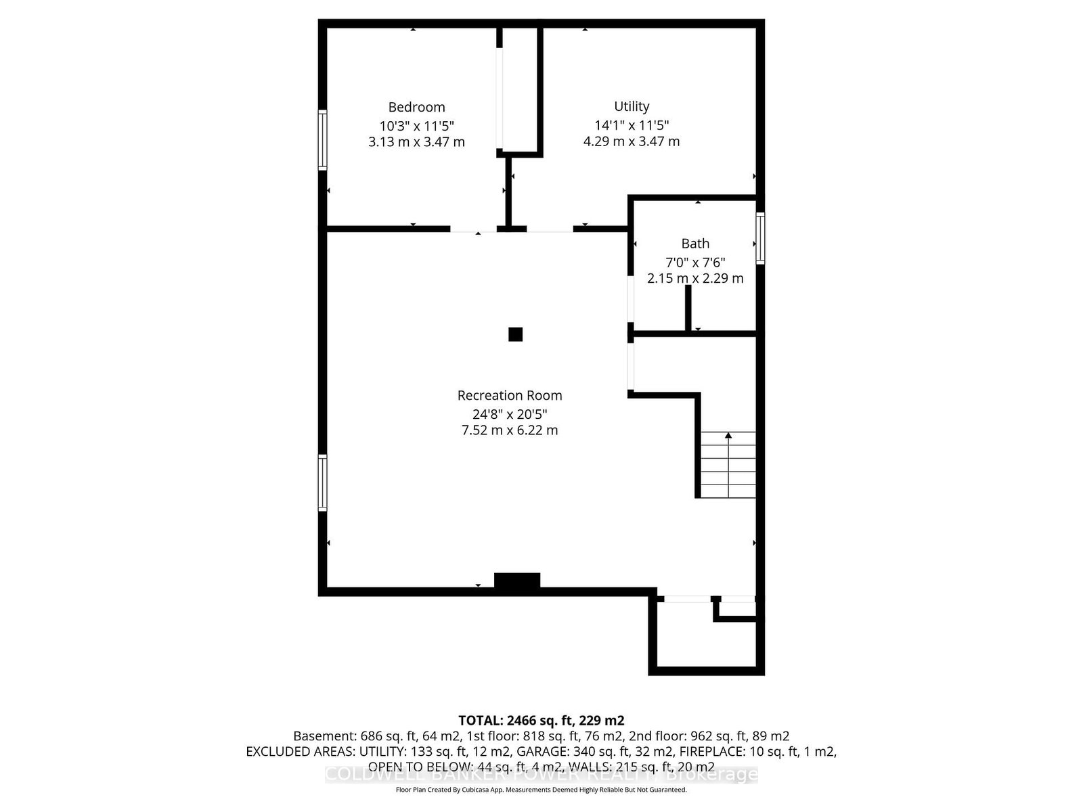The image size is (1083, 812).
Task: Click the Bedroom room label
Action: pos(416,107)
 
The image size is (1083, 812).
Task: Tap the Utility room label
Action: pos(632,106)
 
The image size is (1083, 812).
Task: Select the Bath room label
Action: pos(695,244)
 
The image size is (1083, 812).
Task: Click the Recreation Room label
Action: pos(510,395)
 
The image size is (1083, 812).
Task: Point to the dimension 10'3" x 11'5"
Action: pos(416,125)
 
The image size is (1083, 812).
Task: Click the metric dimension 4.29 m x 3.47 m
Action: pos(632,141)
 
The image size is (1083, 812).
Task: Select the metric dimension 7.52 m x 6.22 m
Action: pos(510,430)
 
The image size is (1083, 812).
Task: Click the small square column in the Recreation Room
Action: pos(516,334)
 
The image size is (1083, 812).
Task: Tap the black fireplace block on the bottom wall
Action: pos(517,581)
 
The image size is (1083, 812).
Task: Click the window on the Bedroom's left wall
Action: pos(323,140)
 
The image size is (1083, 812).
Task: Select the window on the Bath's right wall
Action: pos(760,238)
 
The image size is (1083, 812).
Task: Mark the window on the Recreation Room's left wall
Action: pos(323,482)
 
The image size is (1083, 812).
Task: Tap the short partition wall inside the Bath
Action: pos(688,308)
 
